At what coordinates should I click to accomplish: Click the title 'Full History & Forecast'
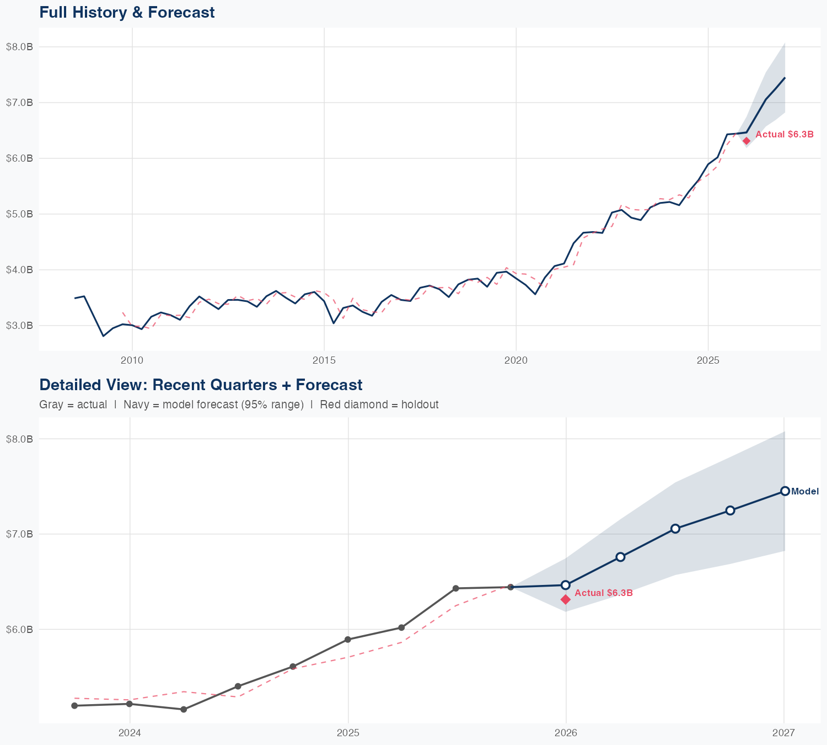click(127, 12)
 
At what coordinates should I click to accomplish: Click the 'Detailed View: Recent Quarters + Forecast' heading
click(201, 385)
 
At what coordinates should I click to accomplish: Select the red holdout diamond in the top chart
click(747, 141)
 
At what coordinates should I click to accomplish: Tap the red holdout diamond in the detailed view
click(566, 599)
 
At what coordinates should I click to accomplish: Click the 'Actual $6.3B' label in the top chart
click(784, 134)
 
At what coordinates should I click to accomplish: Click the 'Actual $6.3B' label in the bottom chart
click(603, 593)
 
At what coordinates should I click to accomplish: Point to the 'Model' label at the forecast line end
click(805, 492)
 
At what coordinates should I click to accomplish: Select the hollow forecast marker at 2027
click(785, 491)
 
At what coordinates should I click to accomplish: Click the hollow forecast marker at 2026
click(566, 585)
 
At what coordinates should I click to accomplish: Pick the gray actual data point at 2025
click(348, 640)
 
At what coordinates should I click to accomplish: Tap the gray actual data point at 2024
click(130, 704)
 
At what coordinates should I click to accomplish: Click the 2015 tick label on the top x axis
click(324, 360)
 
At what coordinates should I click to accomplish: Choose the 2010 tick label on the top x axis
click(132, 360)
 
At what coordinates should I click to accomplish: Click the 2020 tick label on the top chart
click(515, 360)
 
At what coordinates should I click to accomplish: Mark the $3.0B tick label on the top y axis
click(19, 326)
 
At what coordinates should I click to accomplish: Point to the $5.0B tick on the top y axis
click(19, 214)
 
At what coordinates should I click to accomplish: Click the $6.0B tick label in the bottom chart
click(19, 629)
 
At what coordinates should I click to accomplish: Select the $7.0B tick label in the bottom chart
click(19, 534)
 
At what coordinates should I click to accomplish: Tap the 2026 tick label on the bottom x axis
click(566, 733)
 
